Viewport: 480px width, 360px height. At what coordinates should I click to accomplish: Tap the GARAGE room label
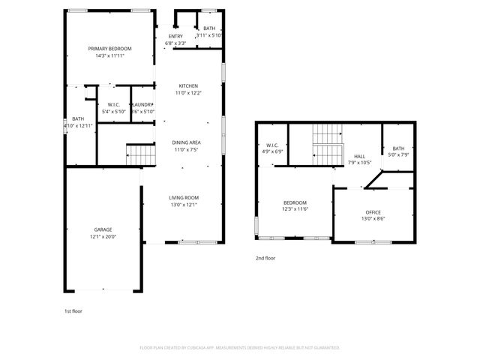tap(103, 230)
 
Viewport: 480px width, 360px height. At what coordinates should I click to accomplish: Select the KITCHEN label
tap(188, 85)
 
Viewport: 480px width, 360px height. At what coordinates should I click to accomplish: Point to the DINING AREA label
tap(187, 142)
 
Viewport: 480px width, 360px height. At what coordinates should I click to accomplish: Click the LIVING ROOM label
tap(184, 198)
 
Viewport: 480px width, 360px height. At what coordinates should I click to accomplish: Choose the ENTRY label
tap(175, 36)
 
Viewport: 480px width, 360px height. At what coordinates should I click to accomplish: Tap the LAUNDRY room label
tap(142, 105)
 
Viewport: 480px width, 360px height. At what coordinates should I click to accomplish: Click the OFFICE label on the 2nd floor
tap(373, 212)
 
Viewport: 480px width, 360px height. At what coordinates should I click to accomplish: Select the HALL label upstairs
tap(359, 156)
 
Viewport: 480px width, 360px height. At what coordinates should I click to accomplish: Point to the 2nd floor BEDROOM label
tap(295, 203)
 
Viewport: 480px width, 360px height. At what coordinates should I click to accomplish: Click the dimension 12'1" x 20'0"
tap(103, 237)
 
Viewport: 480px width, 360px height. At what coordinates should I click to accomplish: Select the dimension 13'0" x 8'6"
tap(373, 219)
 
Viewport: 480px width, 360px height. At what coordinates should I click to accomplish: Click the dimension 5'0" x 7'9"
tap(397, 155)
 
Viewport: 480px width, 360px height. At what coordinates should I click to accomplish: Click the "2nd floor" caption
tap(265, 258)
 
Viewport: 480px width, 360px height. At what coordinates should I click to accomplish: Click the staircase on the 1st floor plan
tap(140, 155)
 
